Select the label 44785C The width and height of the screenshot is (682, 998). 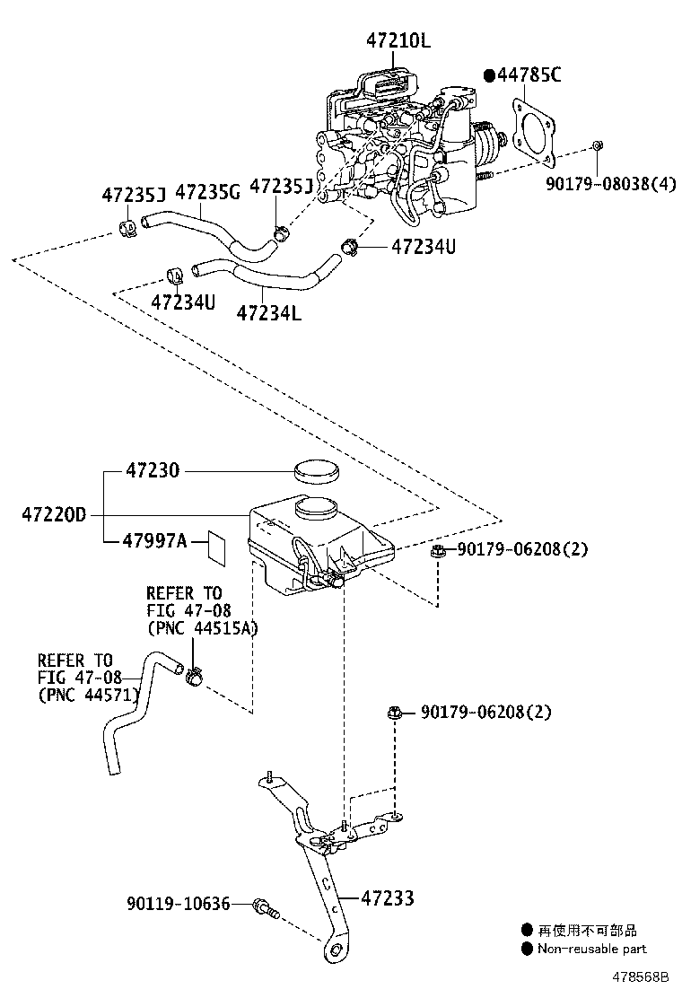529,75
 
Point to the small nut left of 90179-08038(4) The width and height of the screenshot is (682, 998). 599,146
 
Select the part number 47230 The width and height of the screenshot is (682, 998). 153,470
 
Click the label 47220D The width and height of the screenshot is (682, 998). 54,515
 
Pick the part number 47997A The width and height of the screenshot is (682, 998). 155,541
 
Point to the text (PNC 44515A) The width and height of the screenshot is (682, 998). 202,627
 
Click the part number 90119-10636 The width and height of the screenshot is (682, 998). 179,904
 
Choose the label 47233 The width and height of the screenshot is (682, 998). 388,897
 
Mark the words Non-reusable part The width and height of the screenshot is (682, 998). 591,949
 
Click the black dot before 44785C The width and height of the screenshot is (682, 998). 489,75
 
